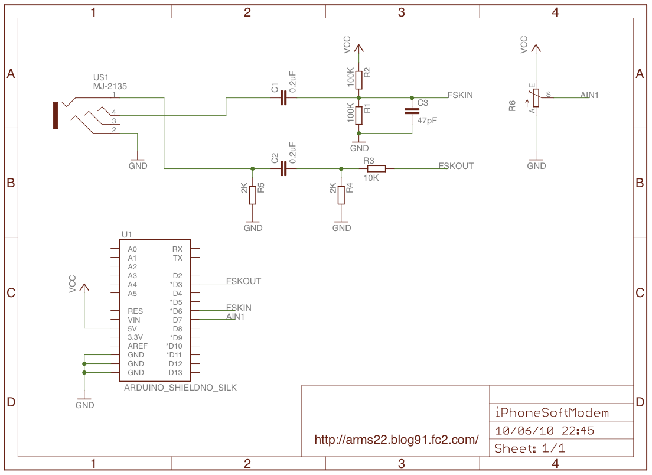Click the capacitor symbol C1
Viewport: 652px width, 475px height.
coord(283,98)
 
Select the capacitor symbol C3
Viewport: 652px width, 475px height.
coord(412,111)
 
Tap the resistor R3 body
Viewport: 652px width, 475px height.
coord(376,168)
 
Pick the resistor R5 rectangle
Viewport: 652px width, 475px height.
coord(252,195)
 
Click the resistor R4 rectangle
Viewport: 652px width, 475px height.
coord(341,195)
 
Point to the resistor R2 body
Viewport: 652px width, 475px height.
coord(358,80)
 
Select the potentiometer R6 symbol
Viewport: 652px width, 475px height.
coord(536,97)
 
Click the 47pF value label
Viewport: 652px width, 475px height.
coord(427,121)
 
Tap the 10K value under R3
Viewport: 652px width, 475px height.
coord(371,178)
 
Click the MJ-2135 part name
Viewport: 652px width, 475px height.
coord(110,86)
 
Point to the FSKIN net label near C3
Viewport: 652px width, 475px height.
coord(460,95)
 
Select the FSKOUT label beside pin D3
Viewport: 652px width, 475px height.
coord(243,281)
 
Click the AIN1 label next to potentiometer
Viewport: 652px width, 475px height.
coord(589,95)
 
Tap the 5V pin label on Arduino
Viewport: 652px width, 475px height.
coord(132,329)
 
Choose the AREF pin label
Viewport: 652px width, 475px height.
coord(137,346)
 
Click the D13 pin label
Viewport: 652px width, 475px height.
coord(175,373)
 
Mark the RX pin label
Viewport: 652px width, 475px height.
coord(177,249)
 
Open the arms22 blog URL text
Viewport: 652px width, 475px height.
coord(396,440)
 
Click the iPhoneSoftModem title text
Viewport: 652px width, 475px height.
coord(552,412)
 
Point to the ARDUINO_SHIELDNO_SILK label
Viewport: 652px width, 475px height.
coord(181,388)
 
